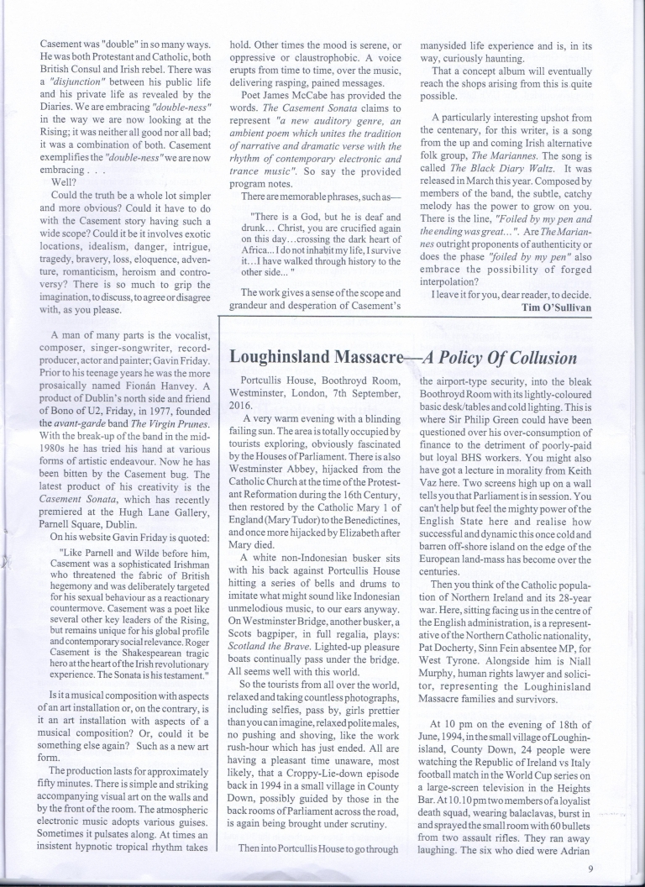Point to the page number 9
click(x=591, y=869)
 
